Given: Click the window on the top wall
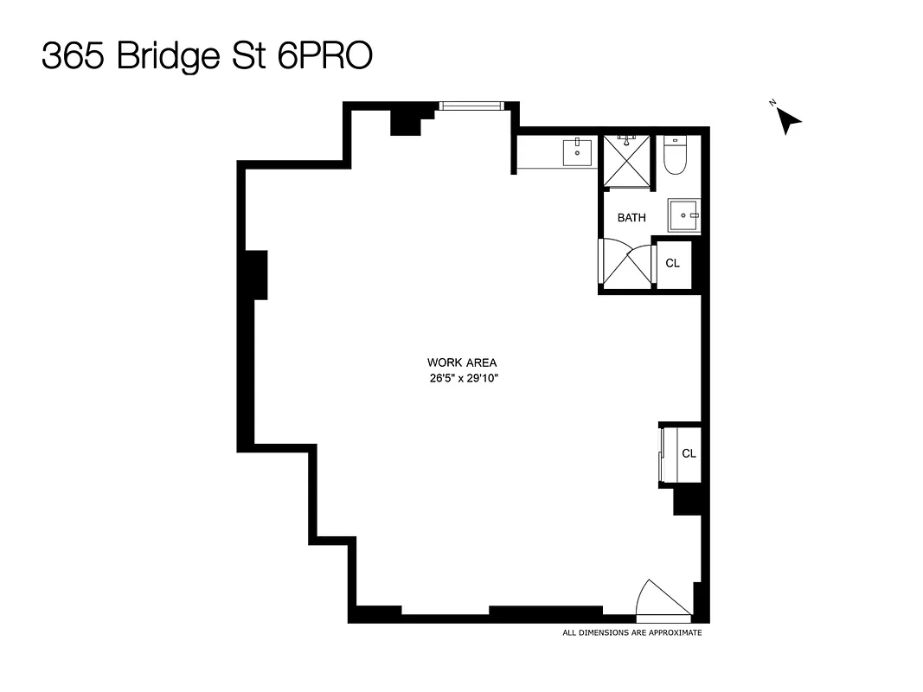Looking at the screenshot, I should click(x=471, y=106).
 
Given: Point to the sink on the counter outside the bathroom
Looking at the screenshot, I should click(x=577, y=152).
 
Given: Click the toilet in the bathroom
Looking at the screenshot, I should click(x=675, y=156).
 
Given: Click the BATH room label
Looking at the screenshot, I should click(x=631, y=218).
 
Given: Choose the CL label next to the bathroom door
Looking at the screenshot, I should click(x=673, y=263).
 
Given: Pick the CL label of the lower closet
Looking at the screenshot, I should click(x=689, y=453).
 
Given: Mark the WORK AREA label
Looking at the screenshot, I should click(x=462, y=363).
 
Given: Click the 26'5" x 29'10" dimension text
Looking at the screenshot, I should click(x=462, y=377).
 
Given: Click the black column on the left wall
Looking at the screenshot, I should click(x=256, y=274).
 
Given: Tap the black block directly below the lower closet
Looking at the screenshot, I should click(x=687, y=500).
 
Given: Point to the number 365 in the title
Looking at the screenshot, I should click(x=73, y=57).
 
